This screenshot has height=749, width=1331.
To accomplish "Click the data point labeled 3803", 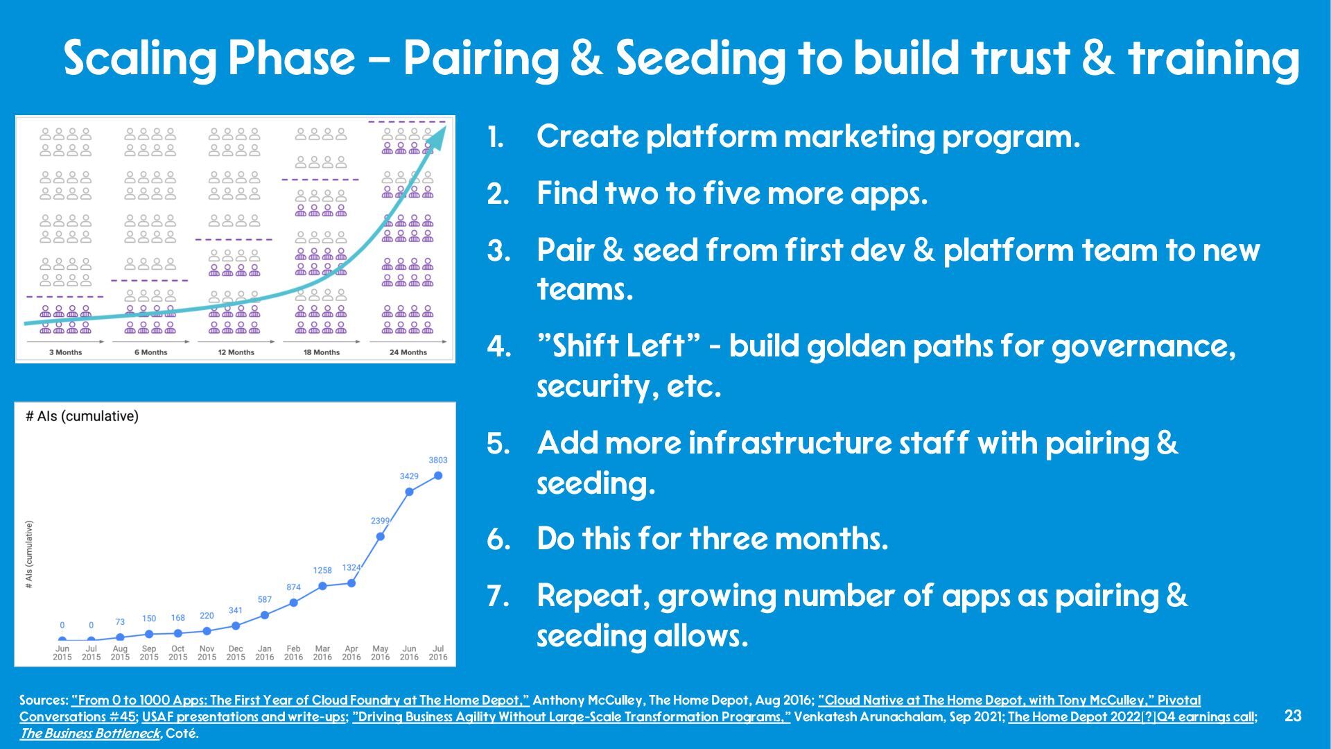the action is (438, 476).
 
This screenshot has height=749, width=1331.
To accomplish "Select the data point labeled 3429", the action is (409, 492).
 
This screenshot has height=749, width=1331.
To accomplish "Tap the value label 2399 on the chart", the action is (380, 521).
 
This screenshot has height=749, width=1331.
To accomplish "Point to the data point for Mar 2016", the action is (322, 586).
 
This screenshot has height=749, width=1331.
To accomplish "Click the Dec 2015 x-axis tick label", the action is (236, 653).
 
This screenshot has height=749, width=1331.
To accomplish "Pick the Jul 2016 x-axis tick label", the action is (438, 653).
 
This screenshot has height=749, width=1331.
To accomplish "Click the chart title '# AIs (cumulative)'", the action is (82, 416).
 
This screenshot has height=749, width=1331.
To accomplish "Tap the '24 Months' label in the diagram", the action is (408, 352).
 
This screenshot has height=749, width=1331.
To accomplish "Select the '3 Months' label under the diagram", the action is (65, 352).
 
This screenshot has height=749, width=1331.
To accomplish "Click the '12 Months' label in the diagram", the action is (236, 352).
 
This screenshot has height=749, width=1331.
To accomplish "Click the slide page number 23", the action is (1293, 716).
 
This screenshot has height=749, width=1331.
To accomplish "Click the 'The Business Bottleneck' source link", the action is (89, 733).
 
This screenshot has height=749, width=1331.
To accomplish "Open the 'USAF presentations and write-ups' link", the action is (243, 717).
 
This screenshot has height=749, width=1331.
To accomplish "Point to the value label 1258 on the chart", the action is (322, 570).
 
